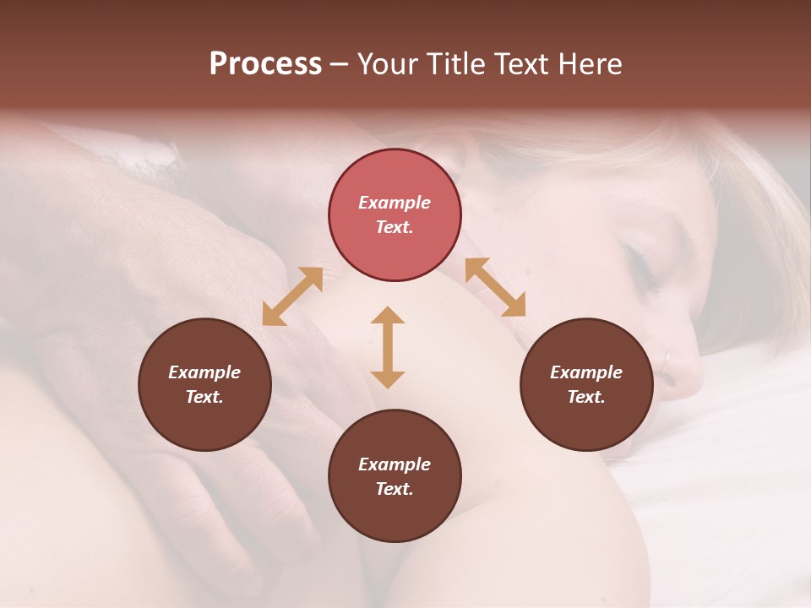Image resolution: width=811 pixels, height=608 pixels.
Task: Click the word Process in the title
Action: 265,64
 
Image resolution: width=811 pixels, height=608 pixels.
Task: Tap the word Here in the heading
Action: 591,64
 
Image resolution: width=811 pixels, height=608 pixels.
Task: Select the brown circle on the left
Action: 204,384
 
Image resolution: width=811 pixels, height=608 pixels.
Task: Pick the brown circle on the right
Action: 586,384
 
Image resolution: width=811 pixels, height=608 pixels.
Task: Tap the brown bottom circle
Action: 395,476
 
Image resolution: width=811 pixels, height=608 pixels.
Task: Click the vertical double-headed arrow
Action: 388,347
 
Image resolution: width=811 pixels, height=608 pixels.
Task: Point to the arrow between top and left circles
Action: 292,296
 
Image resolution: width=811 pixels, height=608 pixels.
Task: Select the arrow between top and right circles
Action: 495,287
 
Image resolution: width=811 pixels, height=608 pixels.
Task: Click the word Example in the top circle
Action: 395,203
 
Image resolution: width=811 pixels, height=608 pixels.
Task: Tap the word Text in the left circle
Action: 204,397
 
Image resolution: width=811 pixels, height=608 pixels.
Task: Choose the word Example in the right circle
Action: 586,372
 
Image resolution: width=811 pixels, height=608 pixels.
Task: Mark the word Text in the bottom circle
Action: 395,489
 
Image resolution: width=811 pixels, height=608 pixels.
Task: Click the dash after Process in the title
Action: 339,64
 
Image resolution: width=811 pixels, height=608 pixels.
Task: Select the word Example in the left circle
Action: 204,372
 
